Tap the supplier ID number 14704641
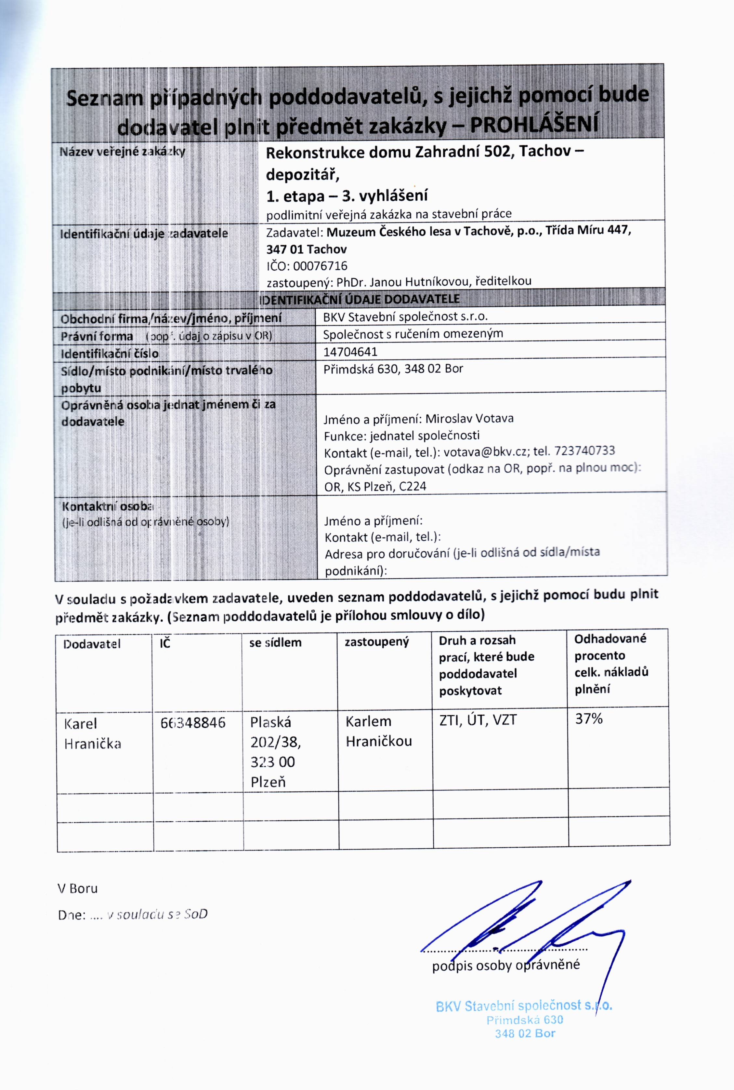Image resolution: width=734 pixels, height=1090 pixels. tap(350, 351)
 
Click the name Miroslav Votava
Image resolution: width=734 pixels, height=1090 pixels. tap(469, 418)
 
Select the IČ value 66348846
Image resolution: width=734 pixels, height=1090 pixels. tap(192, 723)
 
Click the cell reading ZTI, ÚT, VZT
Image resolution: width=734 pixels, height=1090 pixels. tap(478, 720)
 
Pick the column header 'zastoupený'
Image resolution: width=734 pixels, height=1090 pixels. tap(376, 642)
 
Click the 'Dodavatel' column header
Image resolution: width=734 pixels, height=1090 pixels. tap(92, 644)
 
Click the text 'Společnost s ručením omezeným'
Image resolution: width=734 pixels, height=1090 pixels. tap(413, 334)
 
